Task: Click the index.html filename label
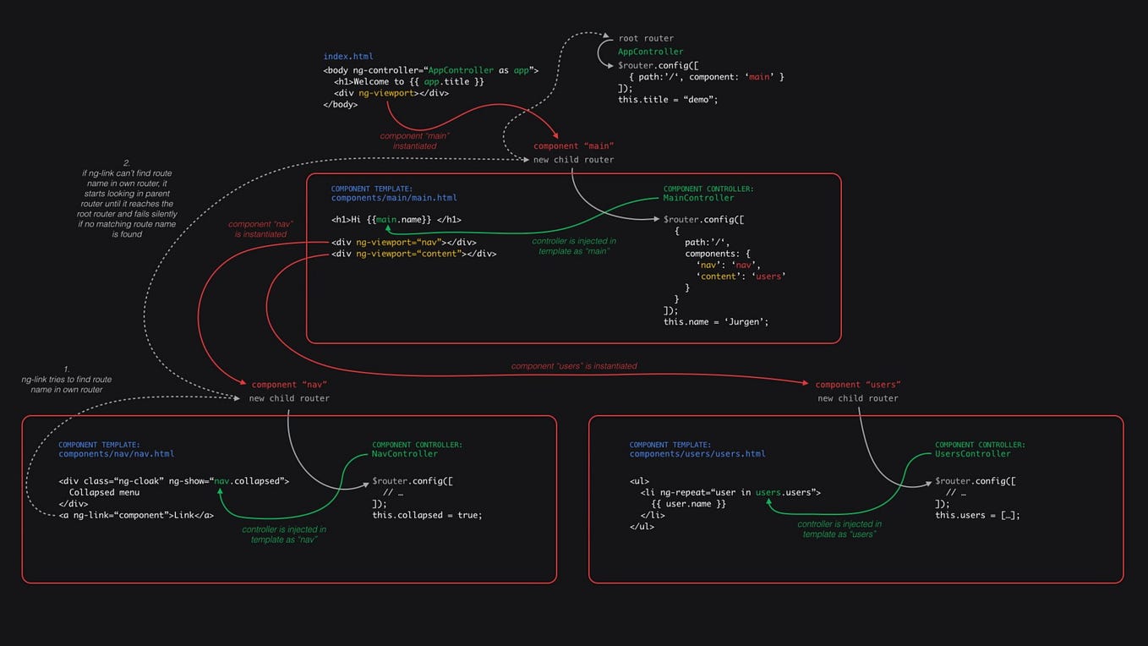click(x=348, y=57)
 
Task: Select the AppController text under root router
click(x=650, y=52)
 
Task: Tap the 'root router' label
click(x=646, y=39)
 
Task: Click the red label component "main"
click(x=573, y=146)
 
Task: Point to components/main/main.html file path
click(x=394, y=198)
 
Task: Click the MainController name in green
click(x=698, y=198)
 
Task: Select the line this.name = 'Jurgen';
click(x=715, y=321)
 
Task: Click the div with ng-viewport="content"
click(x=413, y=254)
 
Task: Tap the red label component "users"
click(x=857, y=385)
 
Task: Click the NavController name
click(x=405, y=454)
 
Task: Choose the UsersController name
click(x=972, y=454)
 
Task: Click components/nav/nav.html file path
click(x=116, y=454)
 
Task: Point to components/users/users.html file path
click(x=697, y=454)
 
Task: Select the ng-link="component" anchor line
click(x=136, y=515)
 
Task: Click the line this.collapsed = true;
click(x=427, y=515)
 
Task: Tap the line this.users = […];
click(x=977, y=515)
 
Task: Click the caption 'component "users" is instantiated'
click(x=574, y=366)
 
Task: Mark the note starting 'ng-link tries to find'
click(x=66, y=385)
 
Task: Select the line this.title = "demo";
click(x=667, y=100)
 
